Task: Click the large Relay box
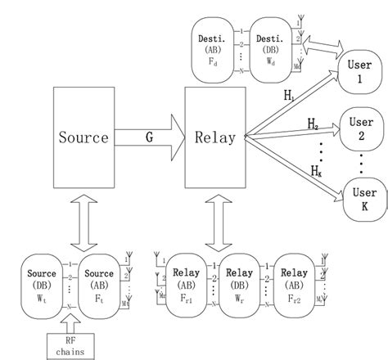pyautogui.click(x=215, y=137)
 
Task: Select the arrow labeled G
pyautogui.click(x=150, y=137)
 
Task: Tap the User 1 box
pyautogui.click(x=361, y=75)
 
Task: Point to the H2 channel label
pyautogui.click(x=314, y=124)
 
